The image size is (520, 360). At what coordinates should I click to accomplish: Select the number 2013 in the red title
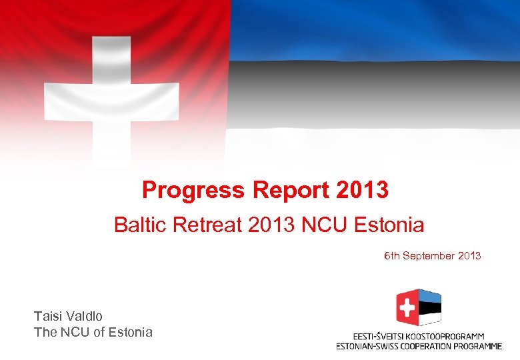pyautogui.click(x=363, y=191)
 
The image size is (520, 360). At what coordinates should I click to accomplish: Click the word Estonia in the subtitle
pyautogui.click(x=387, y=225)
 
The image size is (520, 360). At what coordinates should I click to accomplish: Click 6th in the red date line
pyautogui.click(x=391, y=256)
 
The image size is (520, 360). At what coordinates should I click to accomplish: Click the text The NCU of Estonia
pyautogui.click(x=93, y=332)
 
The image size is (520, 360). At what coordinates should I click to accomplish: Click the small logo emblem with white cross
pyautogui.click(x=419, y=308)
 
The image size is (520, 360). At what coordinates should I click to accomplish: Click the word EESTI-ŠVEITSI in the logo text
pyautogui.click(x=377, y=337)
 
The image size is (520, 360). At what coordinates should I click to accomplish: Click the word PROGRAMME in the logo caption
pyautogui.click(x=478, y=346)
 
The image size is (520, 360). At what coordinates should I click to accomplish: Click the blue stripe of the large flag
pyautogui.click(x=373, y=30)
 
